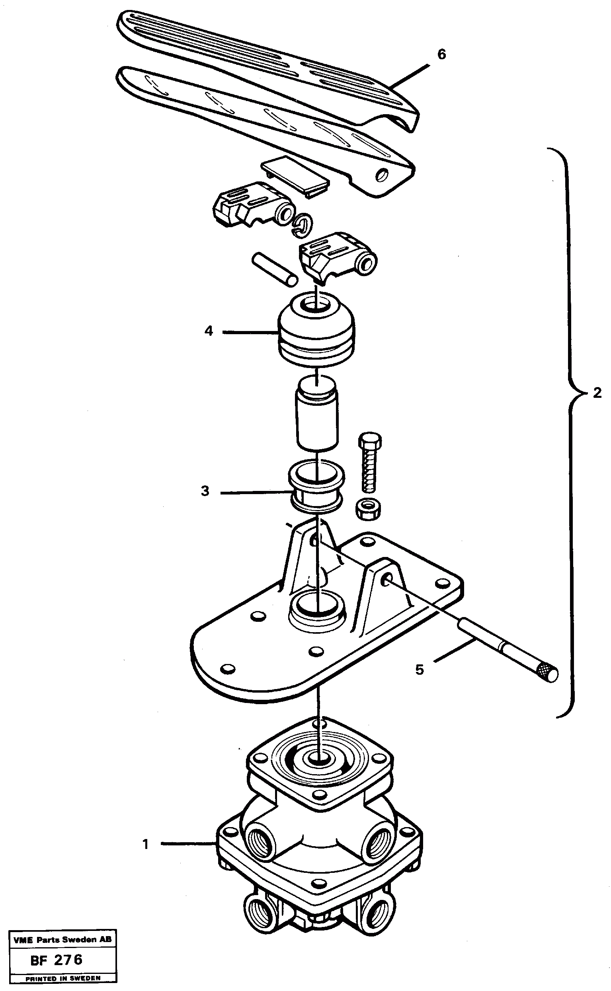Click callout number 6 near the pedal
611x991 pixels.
[x=441, y=54]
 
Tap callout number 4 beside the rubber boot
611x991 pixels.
[x=209, y=331]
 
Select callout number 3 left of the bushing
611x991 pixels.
[x=205, y=491]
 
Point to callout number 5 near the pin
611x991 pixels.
[x=420, y=670]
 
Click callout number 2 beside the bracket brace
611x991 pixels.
[x=597, y=393]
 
